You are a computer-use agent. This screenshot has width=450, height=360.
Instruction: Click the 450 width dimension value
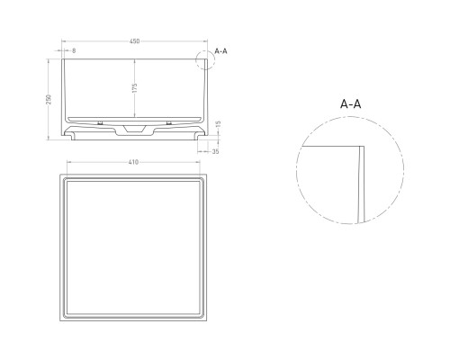(x=133, y=40)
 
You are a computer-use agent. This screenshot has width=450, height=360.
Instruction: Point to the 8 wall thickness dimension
(x=74, y=50)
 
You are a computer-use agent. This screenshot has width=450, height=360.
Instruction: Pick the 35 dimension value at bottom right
(x=215, y=151)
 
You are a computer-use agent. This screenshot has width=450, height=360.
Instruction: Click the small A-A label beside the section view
(x=222, y=50)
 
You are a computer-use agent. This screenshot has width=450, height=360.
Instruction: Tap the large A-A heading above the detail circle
(x=352, y=104)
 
